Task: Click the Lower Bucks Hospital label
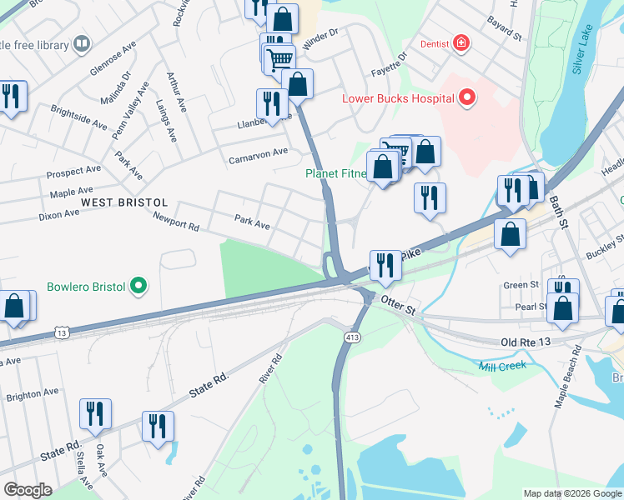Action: pos(398,98)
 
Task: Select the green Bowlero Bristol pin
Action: pos(138,287)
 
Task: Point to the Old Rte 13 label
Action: pos(527,342)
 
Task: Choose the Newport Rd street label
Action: pos(176,220)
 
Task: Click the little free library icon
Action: pos(82,43)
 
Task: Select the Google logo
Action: pos(28,490)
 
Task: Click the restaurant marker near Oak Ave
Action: pos(96,414)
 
